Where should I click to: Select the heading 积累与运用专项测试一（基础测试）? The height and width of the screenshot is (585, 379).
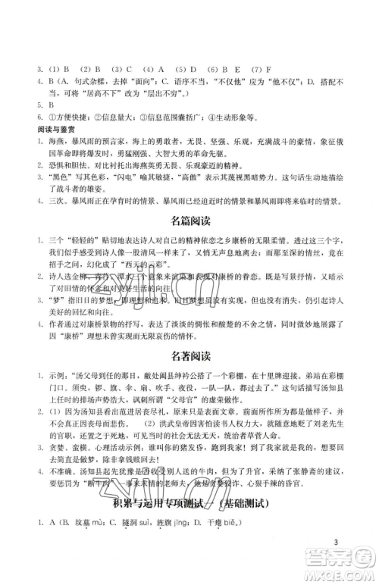point(189,524)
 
